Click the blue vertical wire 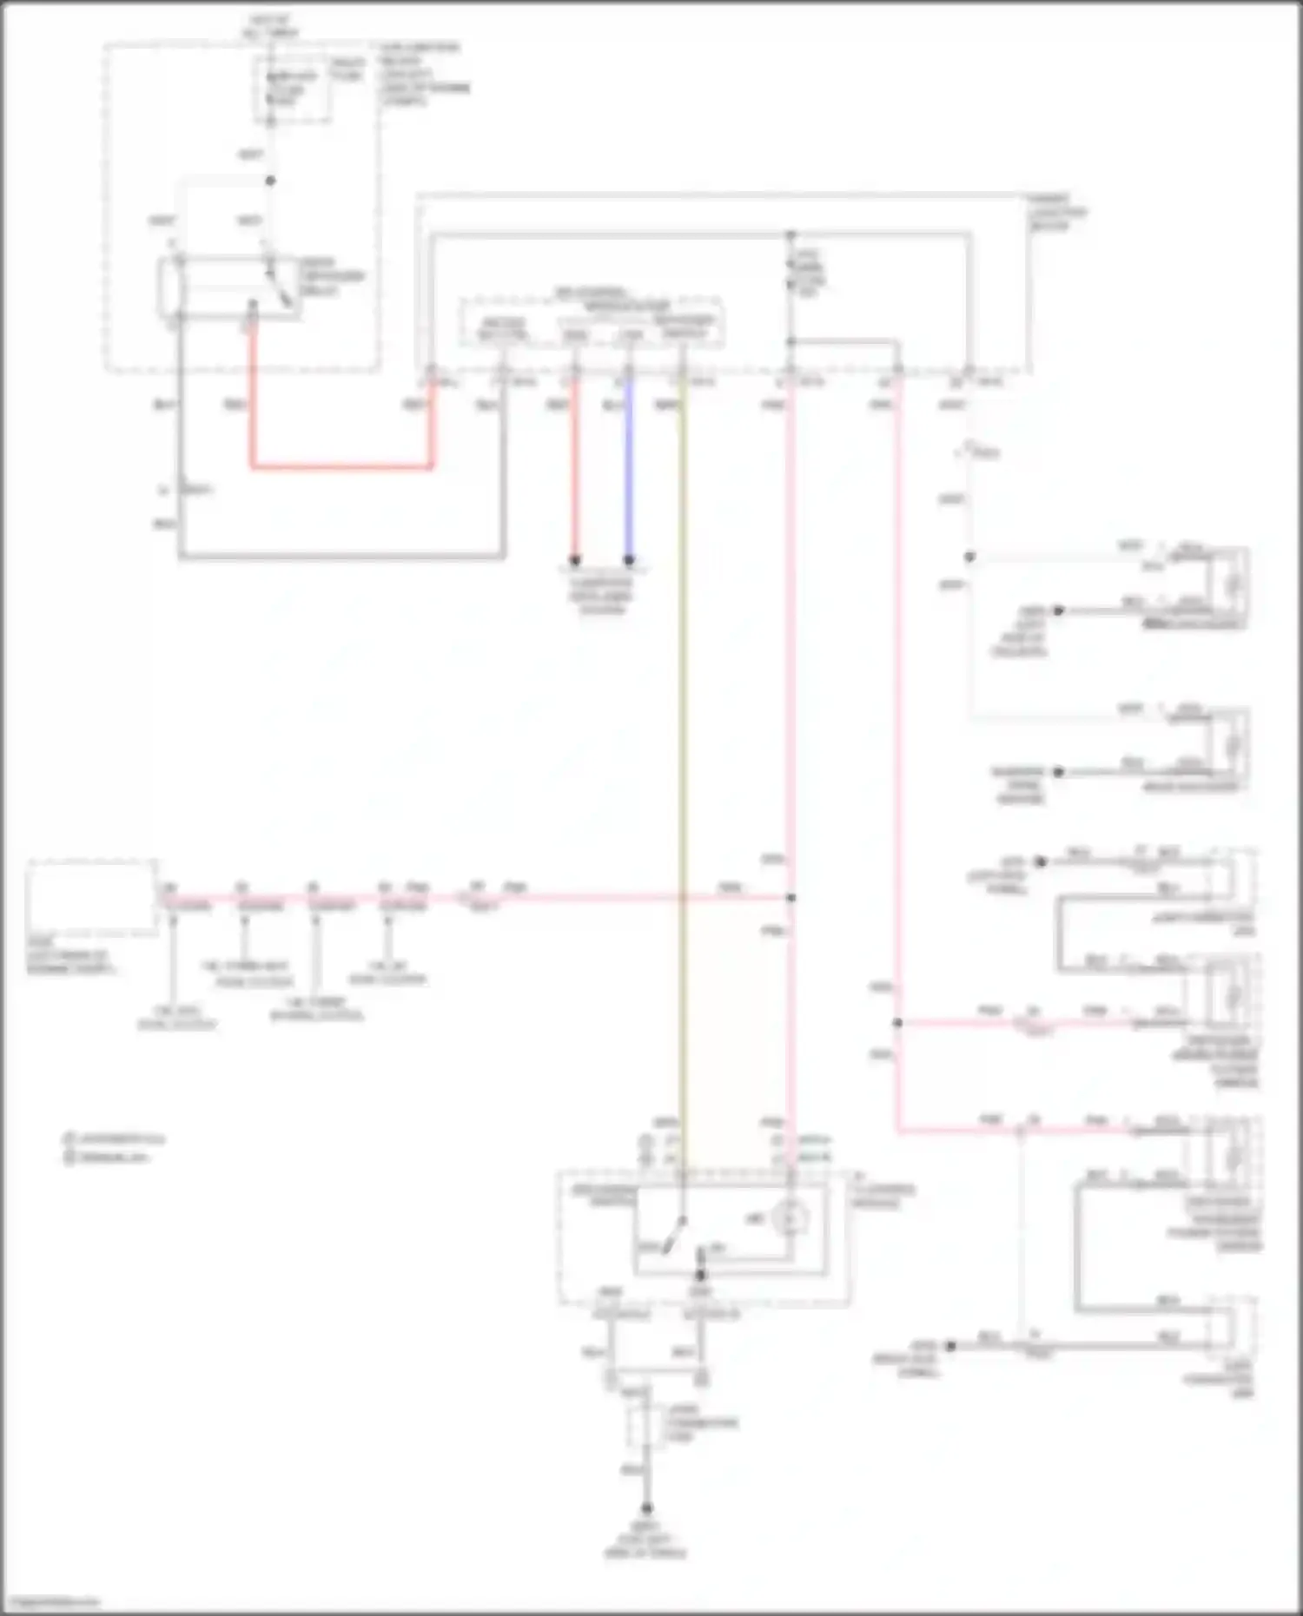click(629, 469)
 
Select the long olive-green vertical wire click(683, 782)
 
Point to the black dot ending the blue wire click(629, 560)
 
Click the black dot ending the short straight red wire click(574, 560)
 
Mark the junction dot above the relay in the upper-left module click(270, 181)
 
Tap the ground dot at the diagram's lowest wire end click(646, 1509)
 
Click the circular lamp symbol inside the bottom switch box click(790, 1218)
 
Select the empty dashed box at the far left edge click(91, 900)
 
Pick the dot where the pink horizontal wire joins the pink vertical click(791, 898)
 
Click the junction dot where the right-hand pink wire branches click(897, 1023)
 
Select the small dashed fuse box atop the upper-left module click(293, 89)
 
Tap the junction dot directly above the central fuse click(791, 235)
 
